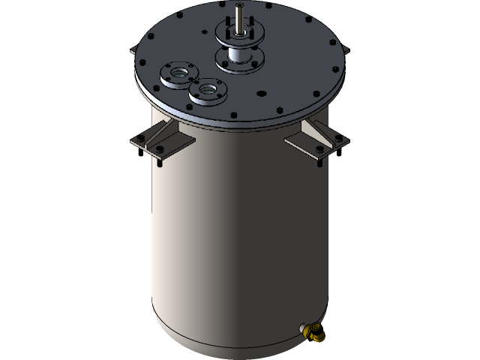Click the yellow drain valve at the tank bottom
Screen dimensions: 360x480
(x=315, y=331)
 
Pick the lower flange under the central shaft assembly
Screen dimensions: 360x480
(x=241, y=61)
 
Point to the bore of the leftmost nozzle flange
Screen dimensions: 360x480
(x=179, y=73)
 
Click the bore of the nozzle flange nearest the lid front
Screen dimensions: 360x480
(x=208, y=91)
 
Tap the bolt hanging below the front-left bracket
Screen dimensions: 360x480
(x=160, y=157)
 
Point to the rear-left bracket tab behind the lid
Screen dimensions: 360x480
(x=133, y=50)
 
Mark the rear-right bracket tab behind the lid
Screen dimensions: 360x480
(x=346, y=49)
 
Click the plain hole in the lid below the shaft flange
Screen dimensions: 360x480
(x=262, y=94)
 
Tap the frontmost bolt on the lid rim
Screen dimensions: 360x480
(x=232, y=115)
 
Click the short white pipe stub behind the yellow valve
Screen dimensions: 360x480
(x=303, y=327)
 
